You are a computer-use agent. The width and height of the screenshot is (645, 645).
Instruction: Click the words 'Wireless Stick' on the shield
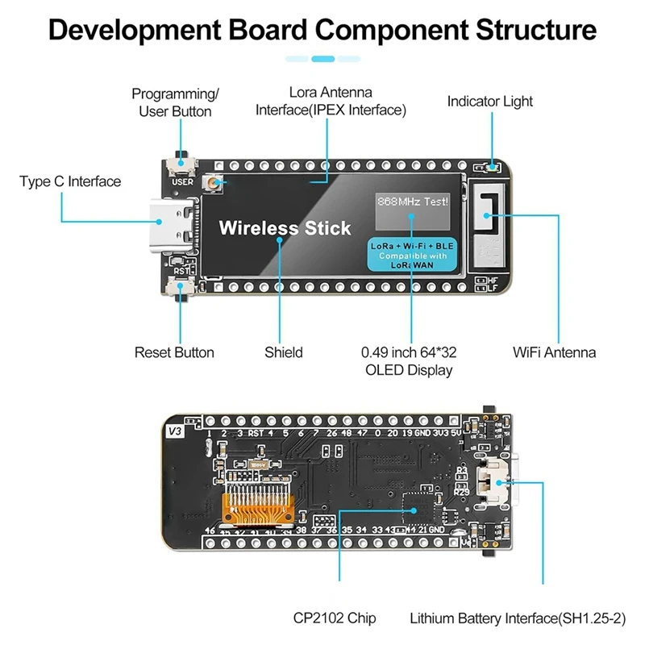click(285, 228)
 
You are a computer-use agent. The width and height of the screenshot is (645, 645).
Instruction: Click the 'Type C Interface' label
click(70, 181)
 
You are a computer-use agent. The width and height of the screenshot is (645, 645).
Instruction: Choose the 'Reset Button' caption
click(174, 352)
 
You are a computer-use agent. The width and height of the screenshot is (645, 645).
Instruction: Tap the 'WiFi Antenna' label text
click(554, 352)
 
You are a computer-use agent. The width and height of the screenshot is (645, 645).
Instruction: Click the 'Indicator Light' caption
click(489, 102)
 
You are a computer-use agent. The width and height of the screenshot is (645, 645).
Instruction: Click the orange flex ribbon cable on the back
click(256, 504)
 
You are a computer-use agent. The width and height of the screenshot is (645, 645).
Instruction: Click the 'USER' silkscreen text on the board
click(183, 182)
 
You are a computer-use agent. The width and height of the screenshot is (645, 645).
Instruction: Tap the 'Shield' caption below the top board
click(284, 352)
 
